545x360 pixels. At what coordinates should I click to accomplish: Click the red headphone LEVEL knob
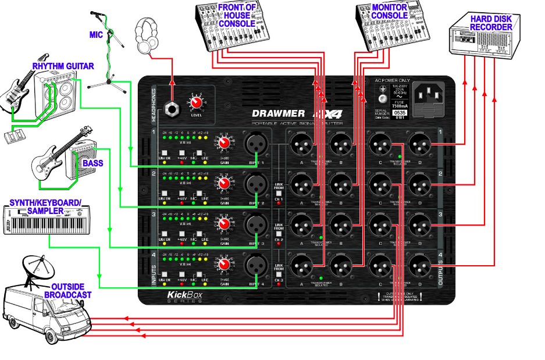(196, 104)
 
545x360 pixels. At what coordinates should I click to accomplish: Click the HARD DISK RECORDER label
(490, 23)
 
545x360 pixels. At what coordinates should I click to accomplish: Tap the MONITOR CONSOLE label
(389, 11)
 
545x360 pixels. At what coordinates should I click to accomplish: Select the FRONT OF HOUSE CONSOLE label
(237, 15)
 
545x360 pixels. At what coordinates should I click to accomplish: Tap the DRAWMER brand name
(278, 113)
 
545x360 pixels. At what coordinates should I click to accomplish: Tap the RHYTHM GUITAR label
(63, 66)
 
